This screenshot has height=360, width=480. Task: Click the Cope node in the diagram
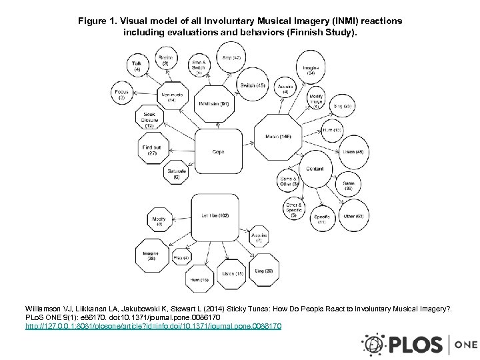point(217,152)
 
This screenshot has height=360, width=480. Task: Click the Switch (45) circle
point(253,86)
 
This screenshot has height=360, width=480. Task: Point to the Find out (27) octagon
point(151,150)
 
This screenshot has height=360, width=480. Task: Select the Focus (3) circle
point(121,95)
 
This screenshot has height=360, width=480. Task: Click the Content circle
point(315,169)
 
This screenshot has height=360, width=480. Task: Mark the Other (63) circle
point(353,216)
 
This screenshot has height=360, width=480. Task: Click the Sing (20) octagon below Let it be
point(263,271)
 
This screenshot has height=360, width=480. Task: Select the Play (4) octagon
point(181,257)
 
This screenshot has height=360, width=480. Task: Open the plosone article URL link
point(153,327)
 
